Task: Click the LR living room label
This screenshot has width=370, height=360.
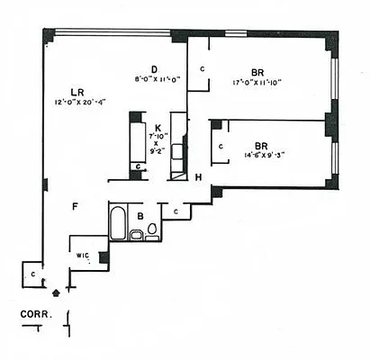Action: (x=79, y=91)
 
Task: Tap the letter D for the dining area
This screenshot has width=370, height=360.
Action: (x=154, y=69)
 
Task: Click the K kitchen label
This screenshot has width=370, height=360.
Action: (x=158, y=129)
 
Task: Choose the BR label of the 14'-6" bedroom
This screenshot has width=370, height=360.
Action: (x=260, y=145)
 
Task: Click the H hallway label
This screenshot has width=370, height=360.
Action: (x=198, y=177)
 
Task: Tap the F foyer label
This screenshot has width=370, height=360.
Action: (x=75, y=207)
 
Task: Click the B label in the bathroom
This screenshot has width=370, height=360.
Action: (x=141, y=216)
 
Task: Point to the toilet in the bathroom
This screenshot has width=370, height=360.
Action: (x=151, y=229)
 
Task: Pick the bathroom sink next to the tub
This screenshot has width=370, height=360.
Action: (x=135, y=236)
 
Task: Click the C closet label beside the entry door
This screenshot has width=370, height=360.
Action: (x=32, y=274)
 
